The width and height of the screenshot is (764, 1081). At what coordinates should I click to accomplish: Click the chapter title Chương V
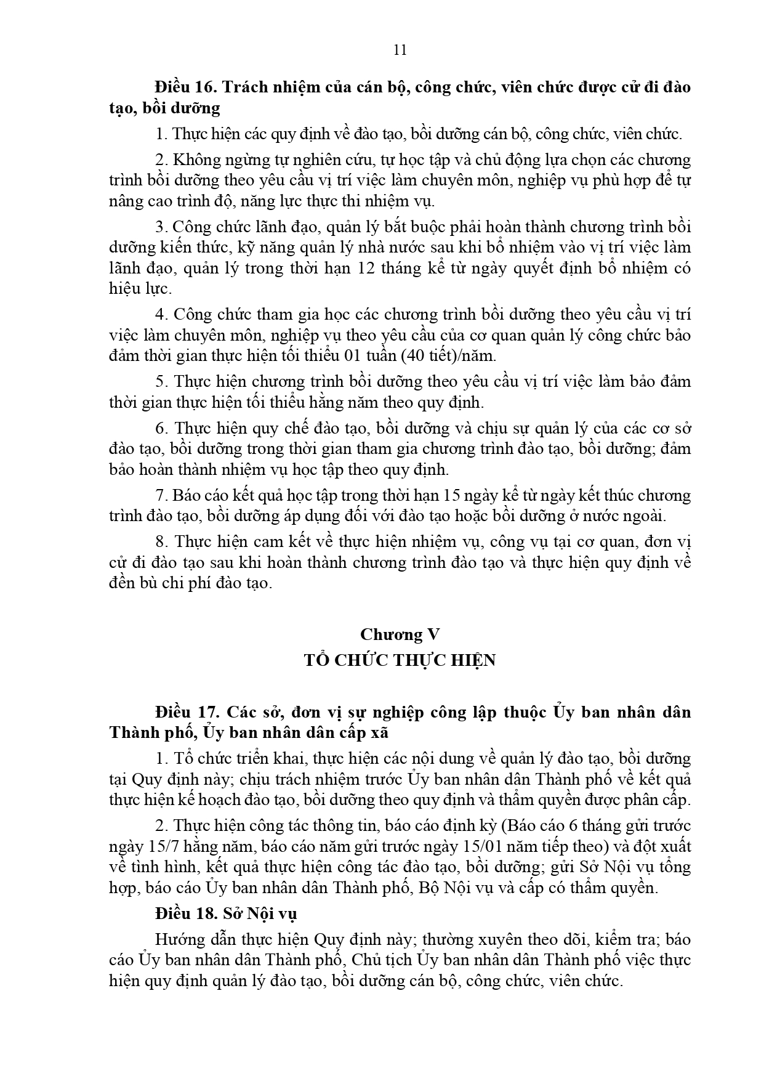(x=400, y=634)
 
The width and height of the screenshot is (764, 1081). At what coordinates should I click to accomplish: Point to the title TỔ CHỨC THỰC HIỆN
(x=400, y=660)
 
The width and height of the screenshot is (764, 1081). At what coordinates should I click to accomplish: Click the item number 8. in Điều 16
(x=162, y=542)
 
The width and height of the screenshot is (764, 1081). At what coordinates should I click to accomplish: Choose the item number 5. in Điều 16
(x=162, y=381)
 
